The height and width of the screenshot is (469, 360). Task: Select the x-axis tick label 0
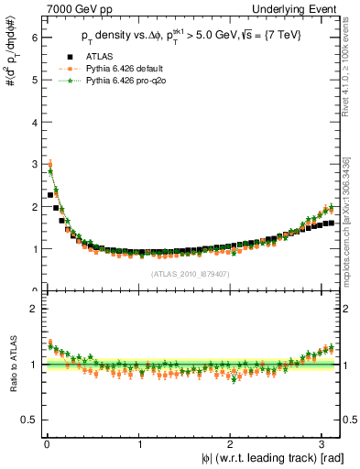click(x=47, y=445)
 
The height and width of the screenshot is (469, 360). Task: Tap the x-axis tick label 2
click(x=233, y=445)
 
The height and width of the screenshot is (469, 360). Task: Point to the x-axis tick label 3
click(x=326, y=445)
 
